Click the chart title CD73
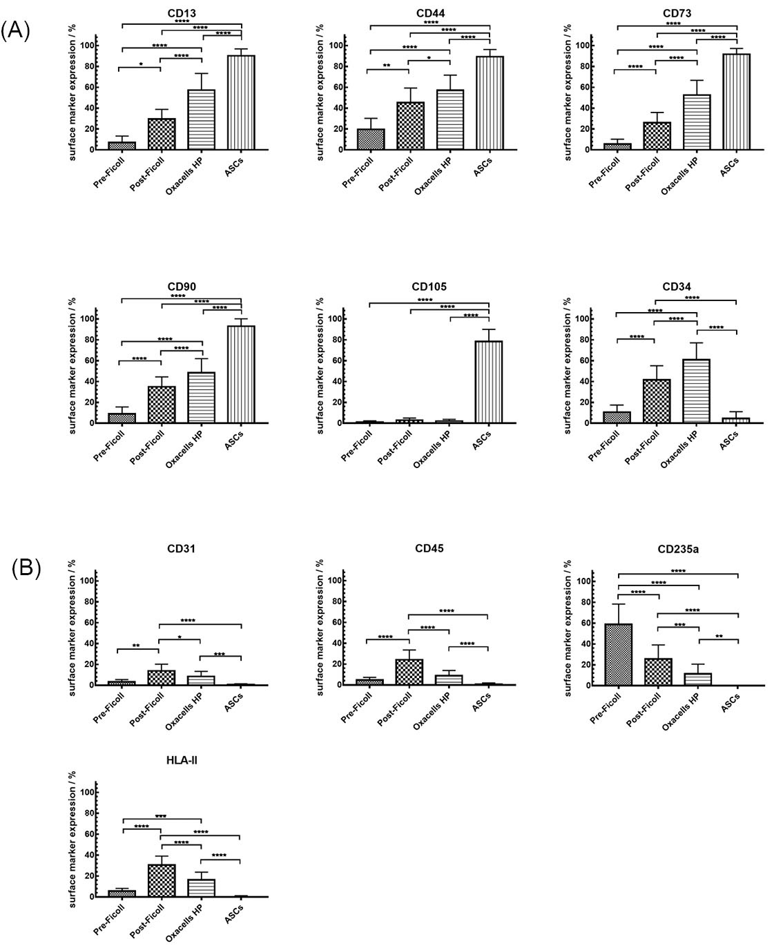pyautogui.click(x=677, y=13)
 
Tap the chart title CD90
pyautogui.click(x=181, y=287)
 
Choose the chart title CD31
pyautogui.click(x=181, y=549)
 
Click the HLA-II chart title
pyautogui.click(x=182, y=760)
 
